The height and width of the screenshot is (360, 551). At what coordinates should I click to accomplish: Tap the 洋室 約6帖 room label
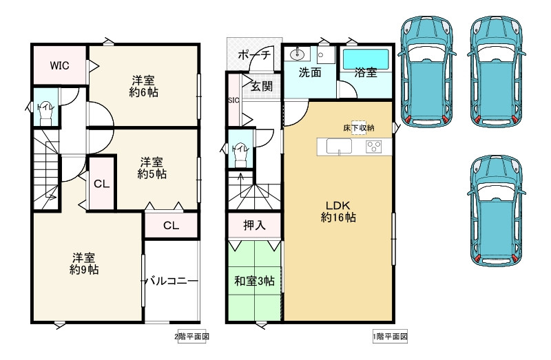click(x=143, y=85)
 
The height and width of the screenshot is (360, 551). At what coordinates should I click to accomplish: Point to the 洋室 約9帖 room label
click(x=83, y=264)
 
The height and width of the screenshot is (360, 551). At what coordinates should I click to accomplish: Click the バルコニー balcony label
click(x=171, y=282)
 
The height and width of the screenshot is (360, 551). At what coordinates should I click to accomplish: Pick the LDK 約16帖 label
click(x=337, y=211)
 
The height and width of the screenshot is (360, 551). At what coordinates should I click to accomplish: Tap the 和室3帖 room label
click(x=254, y=282)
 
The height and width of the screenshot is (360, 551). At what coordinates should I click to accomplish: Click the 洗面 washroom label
click(x=310, y=72)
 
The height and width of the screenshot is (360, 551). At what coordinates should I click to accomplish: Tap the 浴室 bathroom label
click(x=366, y=72)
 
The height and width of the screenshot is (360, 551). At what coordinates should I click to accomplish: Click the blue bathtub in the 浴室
click(x=366, y=56)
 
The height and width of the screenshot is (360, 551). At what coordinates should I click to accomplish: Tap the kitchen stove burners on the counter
click(x=373, y=147)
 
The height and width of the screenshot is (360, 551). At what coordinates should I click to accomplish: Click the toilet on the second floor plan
click(x=46, y=112)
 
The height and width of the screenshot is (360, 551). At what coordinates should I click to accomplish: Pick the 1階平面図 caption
click(x=391, y=337)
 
